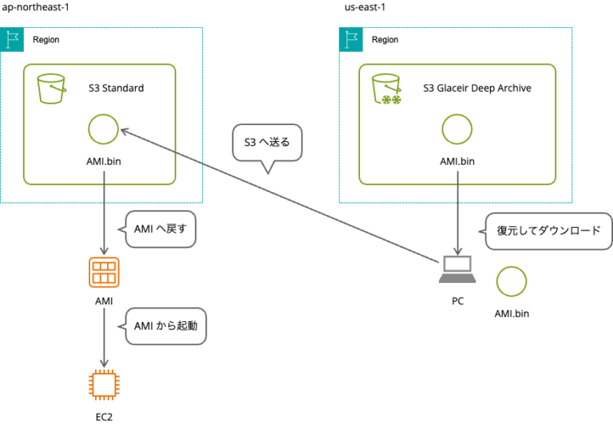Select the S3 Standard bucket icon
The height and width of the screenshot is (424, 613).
click(52, 89)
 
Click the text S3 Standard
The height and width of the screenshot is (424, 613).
click(117, 88)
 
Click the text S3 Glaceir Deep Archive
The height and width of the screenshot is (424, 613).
click(477, 88)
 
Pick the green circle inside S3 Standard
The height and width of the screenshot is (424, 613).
click(103, 129)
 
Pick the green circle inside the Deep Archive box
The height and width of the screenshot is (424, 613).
click(457, 129)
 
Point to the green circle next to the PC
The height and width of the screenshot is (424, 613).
click(511, 281)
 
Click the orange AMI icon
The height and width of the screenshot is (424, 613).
click(104, 273)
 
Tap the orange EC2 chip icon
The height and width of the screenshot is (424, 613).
click(104, 384)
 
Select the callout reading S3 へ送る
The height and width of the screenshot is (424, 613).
click(267, 143)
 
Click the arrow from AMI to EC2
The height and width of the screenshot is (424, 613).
click(104, 339)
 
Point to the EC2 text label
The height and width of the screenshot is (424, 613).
click(104, 416)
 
